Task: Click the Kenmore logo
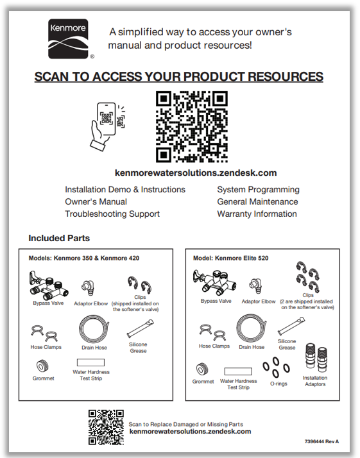(x=68, y=39)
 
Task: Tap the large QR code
(x=192, y=126)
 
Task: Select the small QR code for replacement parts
(x=106, y=427)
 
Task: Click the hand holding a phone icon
(x=108, y=126)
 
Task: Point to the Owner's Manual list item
(x=96, y=201)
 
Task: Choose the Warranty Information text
(x=257, y=214)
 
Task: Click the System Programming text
(x=259, y=190)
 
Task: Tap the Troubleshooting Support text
(x=112, y=214)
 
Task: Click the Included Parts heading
(x=59, y=238)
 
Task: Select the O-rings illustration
(x=276, y=367)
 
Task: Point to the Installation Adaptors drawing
(x=316, y=358)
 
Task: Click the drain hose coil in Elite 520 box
(x=252, y=328)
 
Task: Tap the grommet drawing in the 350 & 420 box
(x=42, y=366)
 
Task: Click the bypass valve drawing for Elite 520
(x=214, y=282)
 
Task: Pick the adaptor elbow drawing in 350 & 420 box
(x=88, y=288)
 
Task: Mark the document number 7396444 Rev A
(x=321, y=441)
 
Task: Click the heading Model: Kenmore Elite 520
(x=230, y=259)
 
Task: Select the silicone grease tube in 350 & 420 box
(x=141, y=328)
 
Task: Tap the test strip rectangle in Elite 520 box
(x=238, y=371)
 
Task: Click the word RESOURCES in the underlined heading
(x=286, y=76)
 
